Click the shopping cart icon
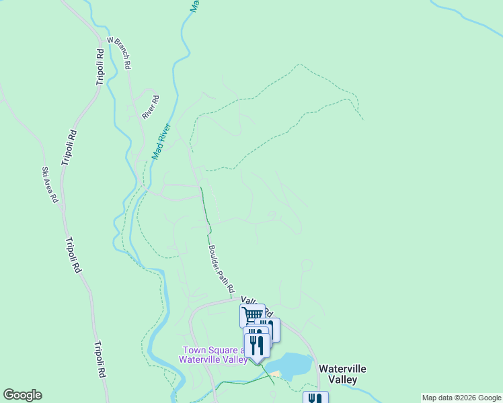[x=251, y=314]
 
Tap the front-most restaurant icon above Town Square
[x=257, y=344]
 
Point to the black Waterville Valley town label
[x=342, y=374]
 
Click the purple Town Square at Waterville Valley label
[x=212, y=355]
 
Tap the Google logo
[x=22, y=395]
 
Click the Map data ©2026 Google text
[x=461, y=398]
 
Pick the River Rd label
[x=151, y=107]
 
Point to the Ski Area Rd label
[x=50, y=185]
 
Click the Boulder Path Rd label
[x=221, y=268]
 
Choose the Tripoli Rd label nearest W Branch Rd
[x=100, y=67]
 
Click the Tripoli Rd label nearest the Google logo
[x=99, y=359]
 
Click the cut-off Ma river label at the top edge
[x=194, y=6]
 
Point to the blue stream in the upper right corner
[x=471, y=17]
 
